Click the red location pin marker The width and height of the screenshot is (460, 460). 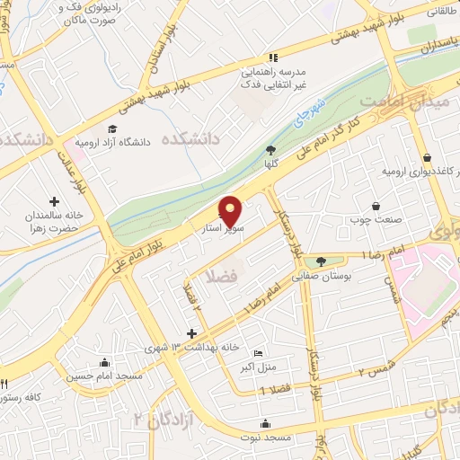tap(232, 211)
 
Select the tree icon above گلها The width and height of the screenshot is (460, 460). tap(270, 150)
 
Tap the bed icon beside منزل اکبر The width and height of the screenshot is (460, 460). tap(259, 353)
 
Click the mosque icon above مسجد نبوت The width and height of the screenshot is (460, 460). tap(264, 423)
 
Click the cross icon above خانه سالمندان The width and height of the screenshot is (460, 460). tap(54, 201)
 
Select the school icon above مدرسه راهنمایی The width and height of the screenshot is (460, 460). tap(271, 56)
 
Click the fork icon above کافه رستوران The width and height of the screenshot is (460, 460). tap(5, 384)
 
